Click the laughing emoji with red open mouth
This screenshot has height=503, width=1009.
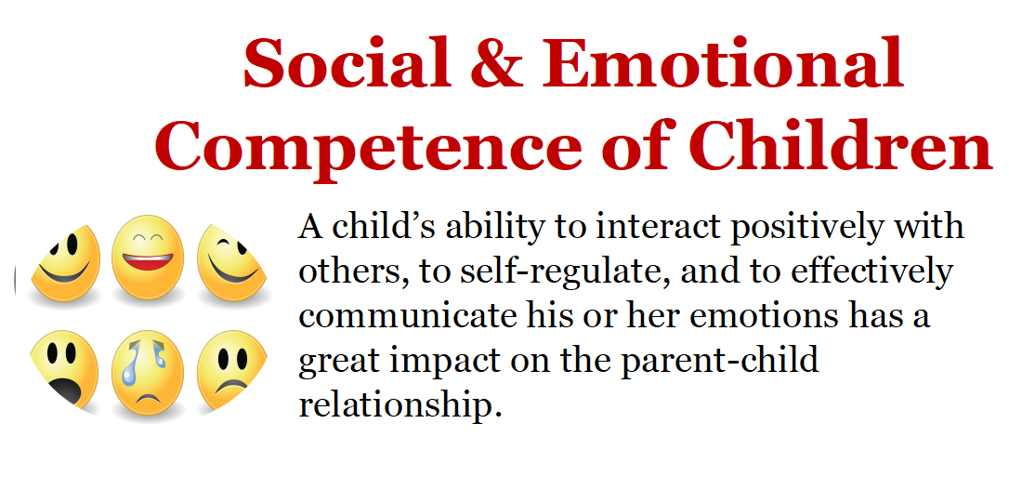[x=148, y=257]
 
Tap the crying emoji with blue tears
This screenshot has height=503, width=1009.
[x=148, y=373]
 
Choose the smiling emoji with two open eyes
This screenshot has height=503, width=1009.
[x=65, y=263]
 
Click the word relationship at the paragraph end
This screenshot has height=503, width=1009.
[x=400, y=404]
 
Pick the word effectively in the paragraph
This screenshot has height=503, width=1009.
[x=871, y=272]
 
